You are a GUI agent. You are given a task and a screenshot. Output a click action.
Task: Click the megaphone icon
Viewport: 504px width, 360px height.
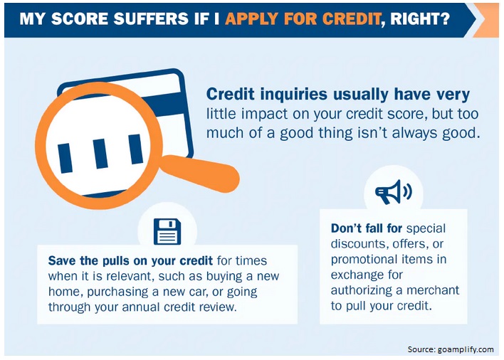(x=394, y=191)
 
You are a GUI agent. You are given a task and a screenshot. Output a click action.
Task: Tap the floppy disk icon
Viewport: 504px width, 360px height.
(x=167, y=231)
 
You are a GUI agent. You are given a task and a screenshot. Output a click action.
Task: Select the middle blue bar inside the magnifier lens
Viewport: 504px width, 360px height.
(x=100, y=154)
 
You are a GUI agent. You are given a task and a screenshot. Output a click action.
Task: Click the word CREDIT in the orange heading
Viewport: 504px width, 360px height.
(x=352, y=18)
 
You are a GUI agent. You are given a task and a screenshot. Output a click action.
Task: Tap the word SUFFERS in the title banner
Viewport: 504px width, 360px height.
(x=151, y=18)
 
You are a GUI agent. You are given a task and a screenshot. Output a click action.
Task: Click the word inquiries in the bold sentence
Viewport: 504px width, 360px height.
(x=294, y=95)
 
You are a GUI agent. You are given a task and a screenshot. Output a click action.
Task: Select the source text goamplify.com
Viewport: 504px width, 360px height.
(x=466, y=349)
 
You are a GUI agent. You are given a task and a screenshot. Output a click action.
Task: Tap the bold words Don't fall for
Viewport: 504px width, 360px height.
(x=367, y=228)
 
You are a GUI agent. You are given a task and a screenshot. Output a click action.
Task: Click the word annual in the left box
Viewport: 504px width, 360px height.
(x=141, y=307)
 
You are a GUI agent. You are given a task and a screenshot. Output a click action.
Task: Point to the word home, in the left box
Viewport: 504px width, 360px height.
(x=66, y=292)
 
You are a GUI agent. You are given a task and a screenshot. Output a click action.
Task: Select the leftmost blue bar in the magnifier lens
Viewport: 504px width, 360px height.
(x=65, y=158)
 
